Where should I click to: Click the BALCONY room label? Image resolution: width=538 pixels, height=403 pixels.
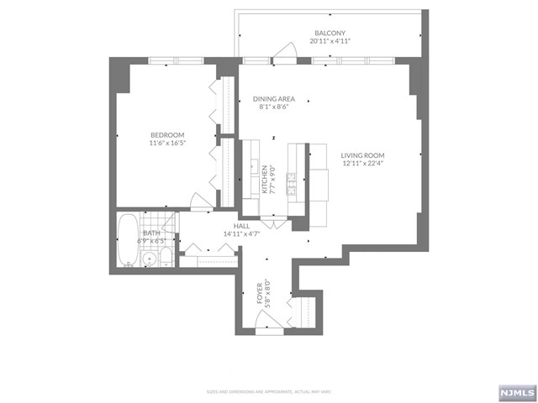pyautogui.click(x=330, y=32)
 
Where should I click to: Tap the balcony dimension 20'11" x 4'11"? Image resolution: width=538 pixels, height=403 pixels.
pyautogui.click(x=330, y=40)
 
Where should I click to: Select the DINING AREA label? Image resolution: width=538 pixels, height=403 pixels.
pyautogui.click(x=274, y=99)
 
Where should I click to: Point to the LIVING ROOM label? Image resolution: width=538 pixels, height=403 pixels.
pyautogui.click(x=362, y=155)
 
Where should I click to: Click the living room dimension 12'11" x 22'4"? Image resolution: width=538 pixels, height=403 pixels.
pyautogui.click(x=362, y=164)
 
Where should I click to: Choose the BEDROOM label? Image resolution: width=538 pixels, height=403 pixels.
pyautogui.click(x=167, y=135)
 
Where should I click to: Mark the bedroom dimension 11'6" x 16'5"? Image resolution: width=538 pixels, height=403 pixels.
pyautogui.click(x=167, y=144)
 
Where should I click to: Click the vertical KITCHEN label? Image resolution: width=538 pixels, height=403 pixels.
pyautogui.click(x=265, y=179)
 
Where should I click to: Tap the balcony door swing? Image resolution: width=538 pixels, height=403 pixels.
pyautogui.click(x=284, y=52)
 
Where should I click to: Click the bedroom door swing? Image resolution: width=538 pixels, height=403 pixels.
pyautogui.click(x=203, y=202)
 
